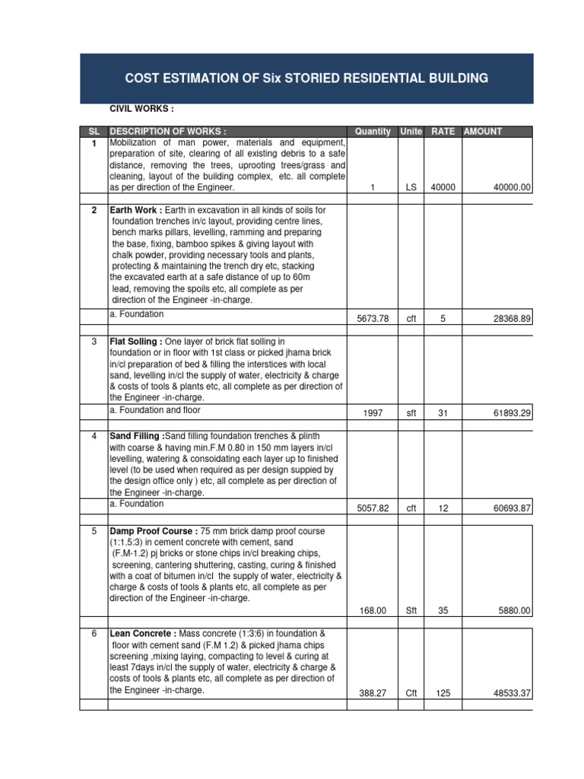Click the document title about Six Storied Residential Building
pyautogui.click(x=307, y=79)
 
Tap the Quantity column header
pyautogui.click(x=373, y=132)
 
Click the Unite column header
pyautogui.click(x=411, y=132)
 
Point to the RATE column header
pyautogui.click(x=443, y=132)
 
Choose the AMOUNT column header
pyautogui.click(x=483, y=132)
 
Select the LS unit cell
pyautogui.click(x=411, y=187)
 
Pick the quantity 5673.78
pyautogui.click(x=373, y=319)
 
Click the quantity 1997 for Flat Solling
pyautogui.click(x=373, y=413)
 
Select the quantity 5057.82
pyautogui.click(x=373, y=507)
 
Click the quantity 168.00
pyautogui.click(x=373, y=610)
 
